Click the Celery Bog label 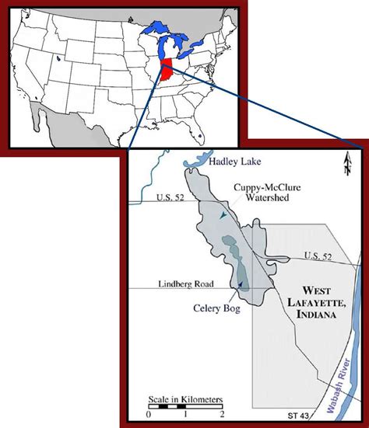216,307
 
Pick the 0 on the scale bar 148,414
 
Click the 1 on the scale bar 185,414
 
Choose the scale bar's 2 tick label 223,414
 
